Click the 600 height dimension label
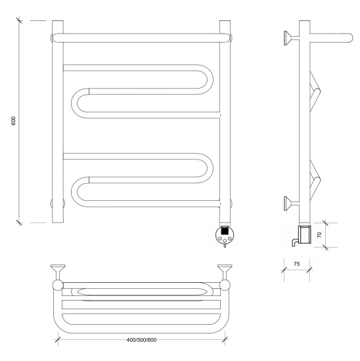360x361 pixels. [14, 121]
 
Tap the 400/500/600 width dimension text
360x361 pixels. [141, 340]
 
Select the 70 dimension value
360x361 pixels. [319, 235]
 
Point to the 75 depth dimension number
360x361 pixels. [297, 264]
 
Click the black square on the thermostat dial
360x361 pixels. [225, 230]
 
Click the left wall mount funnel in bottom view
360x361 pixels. [58, 268]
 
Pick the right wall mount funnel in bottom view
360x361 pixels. [225, 268]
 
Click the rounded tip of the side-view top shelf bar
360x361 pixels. [351, 38]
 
